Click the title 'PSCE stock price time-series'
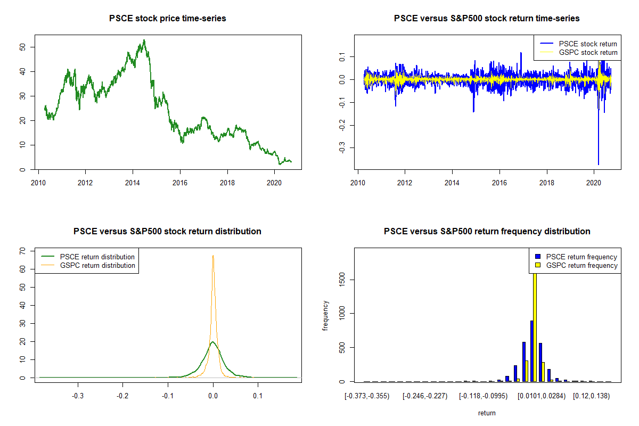click(x=167, y=18)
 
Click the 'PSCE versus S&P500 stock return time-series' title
click(x=487, y=18)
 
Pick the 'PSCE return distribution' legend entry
click(x=105, y=257)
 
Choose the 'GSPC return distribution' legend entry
click(x=105, y=265)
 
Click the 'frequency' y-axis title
click(x=325, y=315)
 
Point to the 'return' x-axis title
click(x=487, y=413)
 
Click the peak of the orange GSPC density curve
click(x=213, y=256)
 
